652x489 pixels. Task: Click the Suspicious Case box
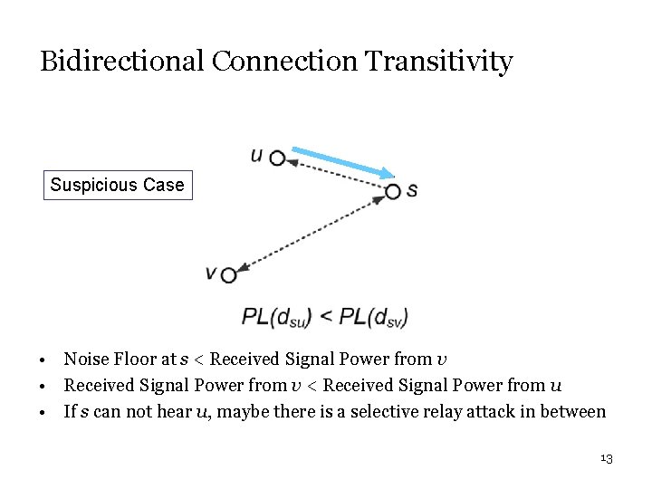pos(117,185)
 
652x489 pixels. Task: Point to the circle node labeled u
pos(278,158)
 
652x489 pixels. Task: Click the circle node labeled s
pos(392,191)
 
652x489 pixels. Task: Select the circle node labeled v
pos(228,274)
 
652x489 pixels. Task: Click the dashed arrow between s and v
pos(311,233)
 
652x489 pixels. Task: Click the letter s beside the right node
pos(412,191)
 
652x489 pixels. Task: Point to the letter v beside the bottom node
pos(211,272)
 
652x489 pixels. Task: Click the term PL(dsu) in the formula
pos(277,317)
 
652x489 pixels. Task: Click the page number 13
pos(607,459)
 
